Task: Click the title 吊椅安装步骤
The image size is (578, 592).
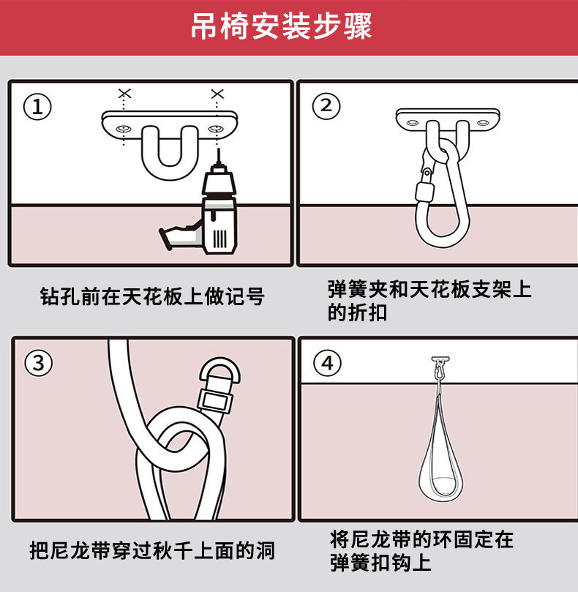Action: click(x=281, y=26)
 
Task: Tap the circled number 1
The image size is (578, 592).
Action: click(x=37, y=107)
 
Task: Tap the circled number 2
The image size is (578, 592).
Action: click(x=326, y=106)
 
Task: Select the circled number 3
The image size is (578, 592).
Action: click(x=39, y=363)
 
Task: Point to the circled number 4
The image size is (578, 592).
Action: click(x=327, y=363)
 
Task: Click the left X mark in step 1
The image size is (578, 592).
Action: click(x=124, y=93)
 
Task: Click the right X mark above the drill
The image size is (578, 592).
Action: click(x=217, y=94)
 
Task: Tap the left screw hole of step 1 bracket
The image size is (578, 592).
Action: click(x=124, y=129)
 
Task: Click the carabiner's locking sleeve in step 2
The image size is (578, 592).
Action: click(x=425, y=192)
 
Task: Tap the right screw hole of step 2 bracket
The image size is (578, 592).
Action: click(x=482, y=123)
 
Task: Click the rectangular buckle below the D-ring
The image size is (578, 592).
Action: click(x=214, y=401)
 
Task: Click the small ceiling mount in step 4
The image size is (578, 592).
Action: click(x=440, y=359)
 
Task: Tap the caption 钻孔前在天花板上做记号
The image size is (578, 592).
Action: click(x=152, y=296)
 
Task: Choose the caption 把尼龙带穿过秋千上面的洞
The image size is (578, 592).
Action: click(x=152, y=550)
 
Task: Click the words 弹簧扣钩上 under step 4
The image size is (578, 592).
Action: click(x=380, y=563)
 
